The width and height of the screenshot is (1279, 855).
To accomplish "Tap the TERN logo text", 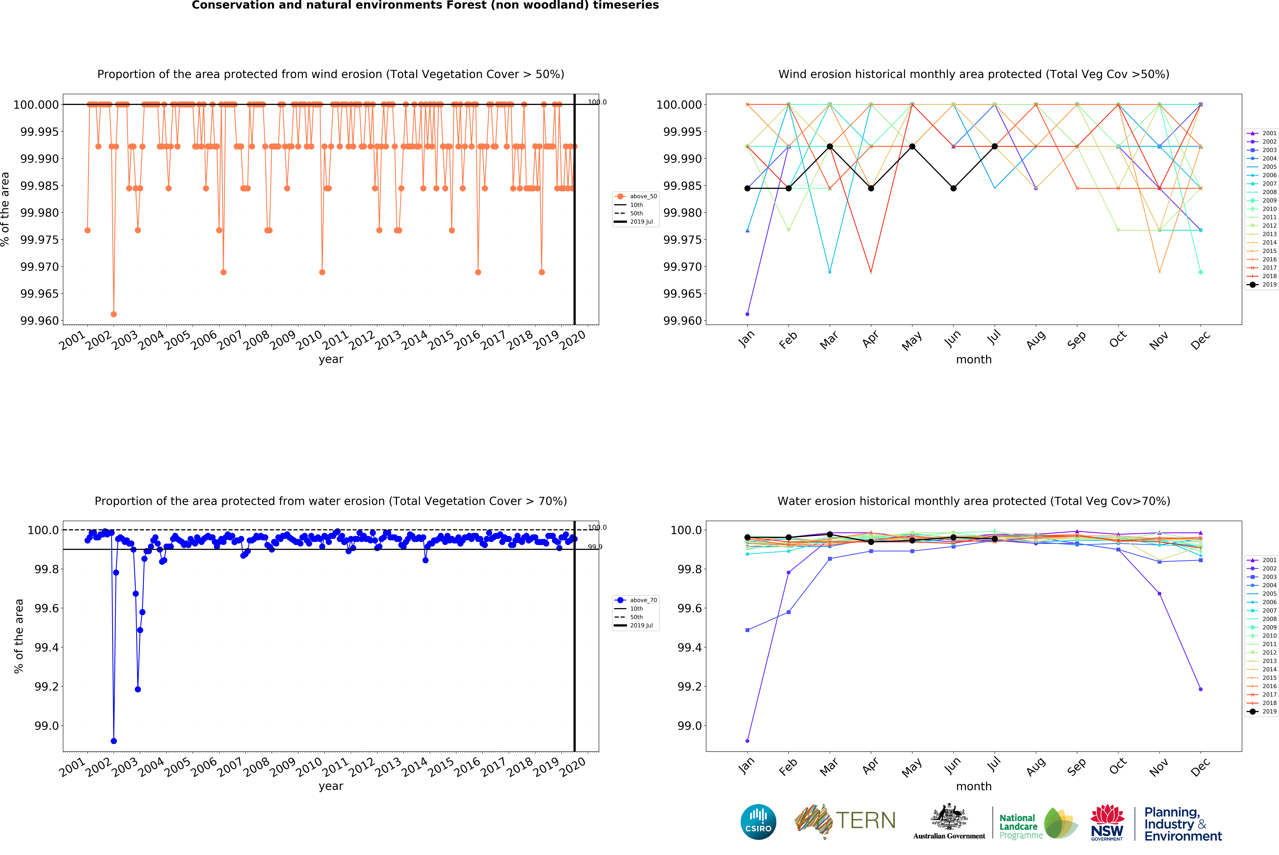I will [866, 821].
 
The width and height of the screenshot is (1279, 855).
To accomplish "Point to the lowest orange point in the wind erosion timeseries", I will [113, 314].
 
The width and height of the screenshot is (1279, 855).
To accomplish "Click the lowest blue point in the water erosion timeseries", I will [113, 741].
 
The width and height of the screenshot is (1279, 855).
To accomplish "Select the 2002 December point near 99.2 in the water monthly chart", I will [1200, 689].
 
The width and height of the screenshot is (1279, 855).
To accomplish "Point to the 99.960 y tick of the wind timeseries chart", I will [39, 321].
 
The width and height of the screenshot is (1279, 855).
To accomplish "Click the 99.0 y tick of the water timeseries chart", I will [46, 726].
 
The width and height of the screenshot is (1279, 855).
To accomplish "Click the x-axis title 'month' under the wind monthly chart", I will [974, 359].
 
